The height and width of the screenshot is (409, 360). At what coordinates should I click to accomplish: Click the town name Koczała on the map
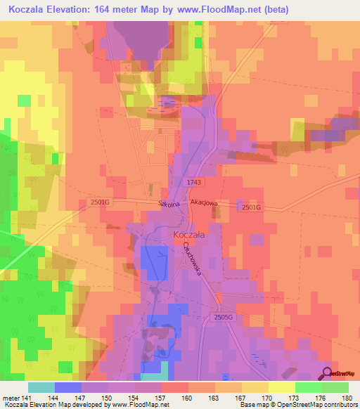[x=189, y=236]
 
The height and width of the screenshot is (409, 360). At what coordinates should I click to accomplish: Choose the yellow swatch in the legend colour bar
[x=281, y=387]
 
